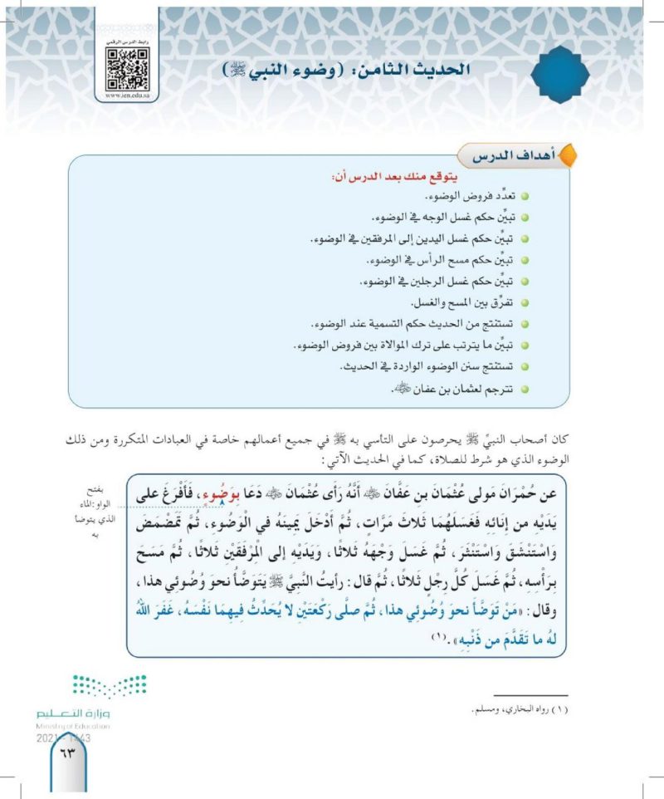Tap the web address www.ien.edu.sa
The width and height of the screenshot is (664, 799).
[127, 96]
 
